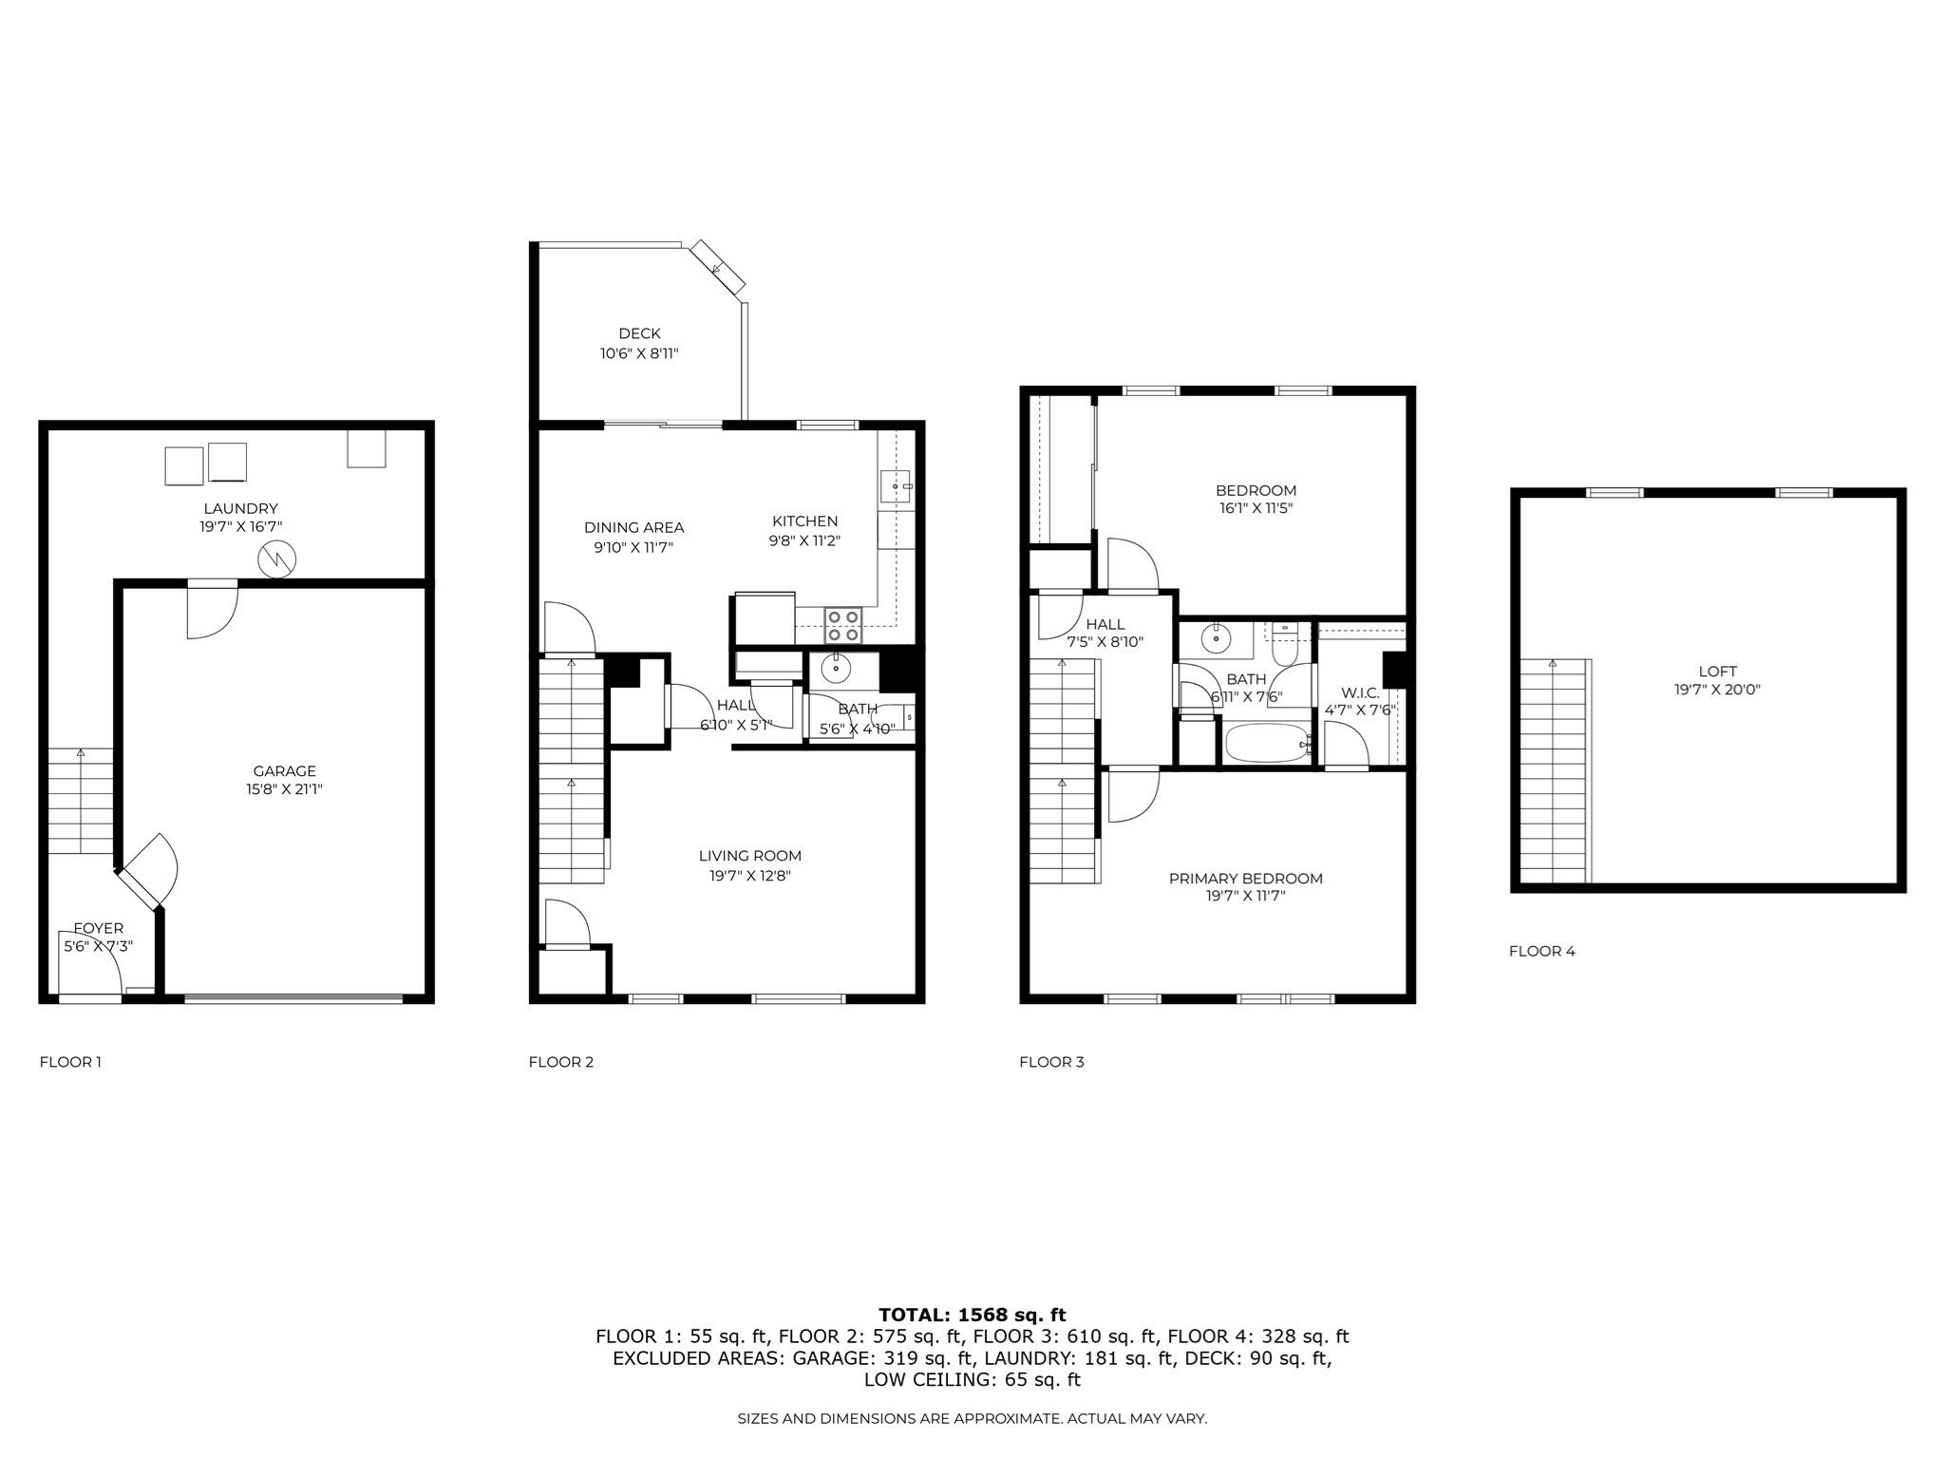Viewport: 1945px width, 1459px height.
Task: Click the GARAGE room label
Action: pyautogui.click(x=284, y=771)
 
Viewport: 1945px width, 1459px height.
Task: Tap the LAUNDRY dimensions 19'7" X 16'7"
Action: pyautogui.click(x=240, y=526)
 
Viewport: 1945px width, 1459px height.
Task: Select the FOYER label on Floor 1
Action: pyautogui.click(x=98, y=928)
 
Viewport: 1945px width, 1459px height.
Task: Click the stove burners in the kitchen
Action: pyautogui.click(x=842, y=625)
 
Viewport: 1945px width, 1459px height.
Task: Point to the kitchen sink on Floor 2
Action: pyautogui.click(x=896, y=485)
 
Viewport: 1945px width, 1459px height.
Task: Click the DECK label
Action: pyautogui.click(x=639, y=333)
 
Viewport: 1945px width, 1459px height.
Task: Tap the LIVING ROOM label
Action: pyautogui.click(x=749, y=856)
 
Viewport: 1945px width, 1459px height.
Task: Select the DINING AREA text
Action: pyautogui.click(x=633, y=528)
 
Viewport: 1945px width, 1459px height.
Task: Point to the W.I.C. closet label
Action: pyautogui.click(x=1360, y=693)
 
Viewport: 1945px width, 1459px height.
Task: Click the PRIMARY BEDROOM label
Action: pyautogui.click(x=1245, y=879)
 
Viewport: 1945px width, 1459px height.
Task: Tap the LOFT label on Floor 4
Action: pyautogui.click(x=1717, y=672)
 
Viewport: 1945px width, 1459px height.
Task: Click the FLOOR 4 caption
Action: pyautogui.click(x=1541, y=951)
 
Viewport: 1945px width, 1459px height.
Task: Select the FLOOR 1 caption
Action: pyautogui.click(x=70, y=1062)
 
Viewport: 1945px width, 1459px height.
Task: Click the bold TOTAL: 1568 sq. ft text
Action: pyautogui.click(x=972, y=1315)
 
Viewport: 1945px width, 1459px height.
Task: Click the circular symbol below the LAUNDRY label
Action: pyautogui.click(x=277, y=559)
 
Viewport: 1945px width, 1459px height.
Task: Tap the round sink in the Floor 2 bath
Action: pyautogui.click(x=836, y=669)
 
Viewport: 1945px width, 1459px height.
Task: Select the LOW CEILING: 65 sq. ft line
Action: pyautogui.click(x=972, y=1379)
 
